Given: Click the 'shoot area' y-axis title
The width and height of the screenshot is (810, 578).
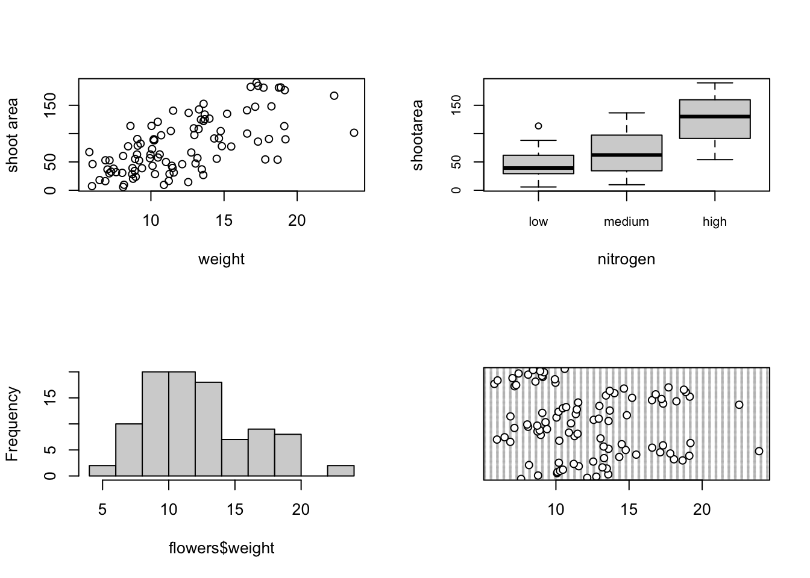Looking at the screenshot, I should (x=13, y=135).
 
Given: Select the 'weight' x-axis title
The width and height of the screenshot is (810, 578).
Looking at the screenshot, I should (x=221, y=259).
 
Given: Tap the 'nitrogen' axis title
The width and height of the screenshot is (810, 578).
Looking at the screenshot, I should (x=626, y=259).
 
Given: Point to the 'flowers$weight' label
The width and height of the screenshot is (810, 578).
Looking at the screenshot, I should (x=221, y=548).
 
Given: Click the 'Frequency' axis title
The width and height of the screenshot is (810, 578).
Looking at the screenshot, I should (x=13, y=424).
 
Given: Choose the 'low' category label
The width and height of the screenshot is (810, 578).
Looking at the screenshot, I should (x=538, y=222).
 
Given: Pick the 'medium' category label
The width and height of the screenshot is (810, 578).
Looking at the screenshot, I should (x=626, y=222).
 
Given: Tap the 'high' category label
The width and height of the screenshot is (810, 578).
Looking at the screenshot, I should (x=715, y=222).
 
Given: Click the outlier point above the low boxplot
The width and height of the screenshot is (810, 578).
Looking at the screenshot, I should (x=538, y=126).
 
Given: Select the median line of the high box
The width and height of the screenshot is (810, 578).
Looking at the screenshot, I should (x=715, y=116).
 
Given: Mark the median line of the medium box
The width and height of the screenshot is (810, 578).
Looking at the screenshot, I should (x=627, y=155).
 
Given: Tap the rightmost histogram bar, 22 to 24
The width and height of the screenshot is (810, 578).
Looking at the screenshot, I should (x=341, y=471).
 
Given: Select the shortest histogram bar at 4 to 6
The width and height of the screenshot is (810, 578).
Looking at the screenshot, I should (x=102, y=471).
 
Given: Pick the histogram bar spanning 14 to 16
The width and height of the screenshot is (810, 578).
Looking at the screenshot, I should (x=235, y=458).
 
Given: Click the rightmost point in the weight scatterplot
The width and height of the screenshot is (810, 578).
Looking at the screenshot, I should (x=354, y=132).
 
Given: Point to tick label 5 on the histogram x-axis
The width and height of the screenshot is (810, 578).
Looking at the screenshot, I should (x=102, y=510).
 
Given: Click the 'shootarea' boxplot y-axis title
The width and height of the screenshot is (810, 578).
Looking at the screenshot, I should (x=418, y=135).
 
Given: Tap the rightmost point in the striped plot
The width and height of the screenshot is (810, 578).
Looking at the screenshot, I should (x=759, y=451).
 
